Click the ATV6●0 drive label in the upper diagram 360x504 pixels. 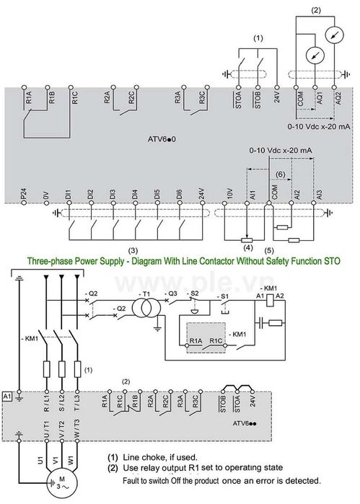pos(162,139)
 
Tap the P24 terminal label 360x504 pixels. pos(24,193)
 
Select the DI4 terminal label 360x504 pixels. pos(135,194)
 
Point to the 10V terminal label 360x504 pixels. pos(230,193)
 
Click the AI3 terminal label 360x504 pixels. pos(319,195)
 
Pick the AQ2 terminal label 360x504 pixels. pos(338,97)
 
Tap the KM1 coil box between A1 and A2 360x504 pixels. pos(271,299)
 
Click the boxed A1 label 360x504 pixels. pos(7,397)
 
